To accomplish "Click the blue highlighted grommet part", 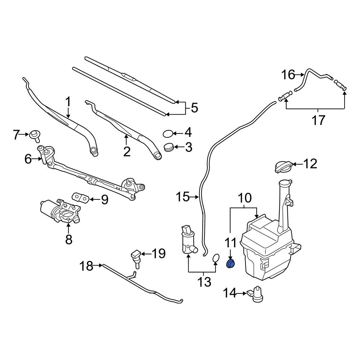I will pos(230,265).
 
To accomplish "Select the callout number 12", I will pos(310,164).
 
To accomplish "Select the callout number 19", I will pos(158,254).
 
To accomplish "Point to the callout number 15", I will pos(183,197).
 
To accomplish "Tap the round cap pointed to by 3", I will pos(168,147).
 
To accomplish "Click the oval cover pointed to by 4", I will pos(168,134).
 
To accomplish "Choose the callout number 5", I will pos(194,108).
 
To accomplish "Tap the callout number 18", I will pos(86,266).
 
